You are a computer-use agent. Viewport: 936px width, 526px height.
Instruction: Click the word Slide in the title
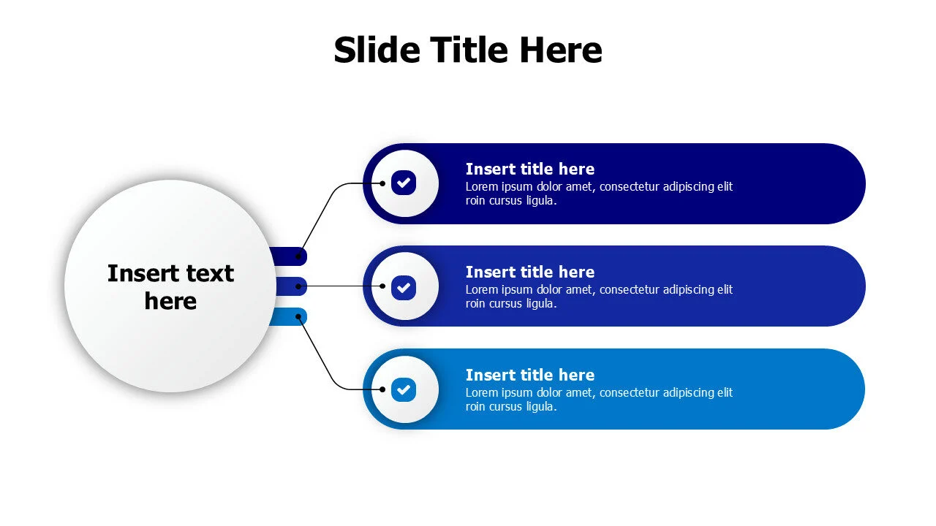[x=377, y=50]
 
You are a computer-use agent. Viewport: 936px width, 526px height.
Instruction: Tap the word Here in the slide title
[x=561, y=50]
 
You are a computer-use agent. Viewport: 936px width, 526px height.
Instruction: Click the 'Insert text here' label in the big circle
[x=170, y=287]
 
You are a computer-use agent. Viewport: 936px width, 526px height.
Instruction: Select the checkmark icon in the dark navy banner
[x=404, y=183]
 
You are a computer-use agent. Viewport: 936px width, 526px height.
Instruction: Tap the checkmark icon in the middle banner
[x=404, y=286]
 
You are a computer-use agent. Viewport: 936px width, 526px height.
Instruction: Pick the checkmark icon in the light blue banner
[x=404, y=389]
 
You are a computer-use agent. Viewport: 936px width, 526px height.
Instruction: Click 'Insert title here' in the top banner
[x=529, y=169]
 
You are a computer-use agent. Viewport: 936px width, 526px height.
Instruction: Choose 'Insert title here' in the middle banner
[x=529, y=272]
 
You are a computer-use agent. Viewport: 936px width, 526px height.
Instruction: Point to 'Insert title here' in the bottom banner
[x=529, y=376]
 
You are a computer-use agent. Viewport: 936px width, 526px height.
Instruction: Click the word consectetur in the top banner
[x=634, y=187]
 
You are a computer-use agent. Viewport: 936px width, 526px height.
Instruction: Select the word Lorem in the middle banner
[x=481, y=290]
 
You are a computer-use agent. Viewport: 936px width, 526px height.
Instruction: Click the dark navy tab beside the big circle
[x=290, y=256]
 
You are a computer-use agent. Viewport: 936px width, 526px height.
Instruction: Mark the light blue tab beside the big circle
[x=290, y=316]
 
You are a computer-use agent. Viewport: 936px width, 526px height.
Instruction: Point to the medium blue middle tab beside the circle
[x=290, y=286]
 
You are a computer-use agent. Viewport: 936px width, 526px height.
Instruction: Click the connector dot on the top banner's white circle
[x=382, y=183]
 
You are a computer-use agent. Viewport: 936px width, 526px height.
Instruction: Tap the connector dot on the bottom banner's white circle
[x=382, y=389]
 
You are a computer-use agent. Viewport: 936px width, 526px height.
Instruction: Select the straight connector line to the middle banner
[x=340, y=286]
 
